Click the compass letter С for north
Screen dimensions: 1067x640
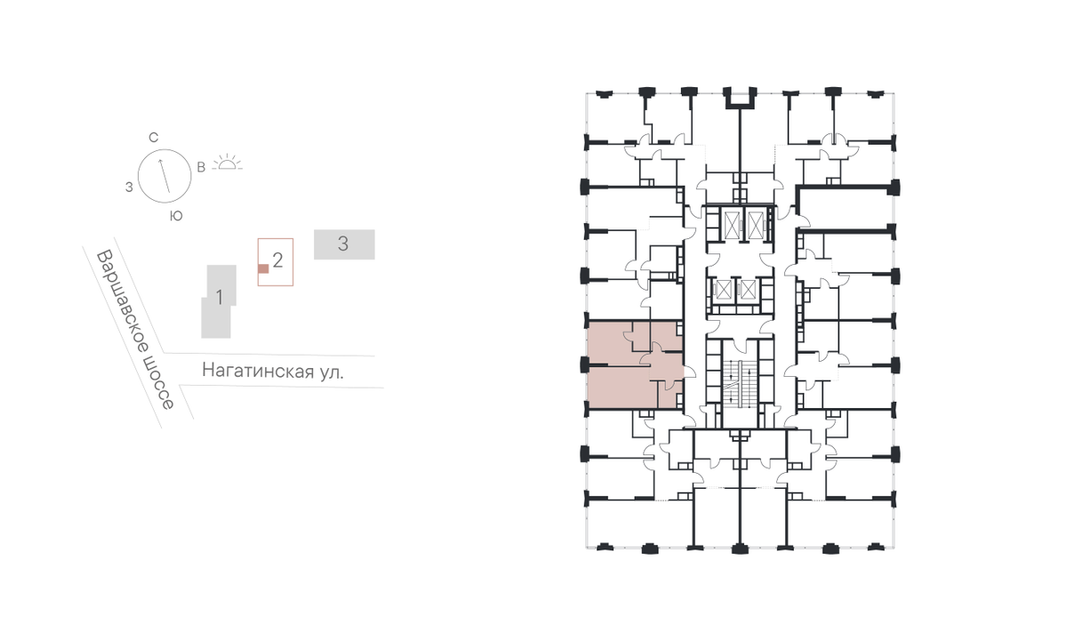coord(153,138)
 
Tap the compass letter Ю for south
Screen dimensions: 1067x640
coord(176,216)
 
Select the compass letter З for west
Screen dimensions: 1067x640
coord(129,188)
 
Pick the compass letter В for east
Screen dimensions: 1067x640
coord(201,167)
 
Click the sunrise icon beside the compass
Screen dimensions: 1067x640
coord(228,163)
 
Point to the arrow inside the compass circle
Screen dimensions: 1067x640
coord(164,176)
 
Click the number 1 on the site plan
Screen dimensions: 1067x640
coord(219,298)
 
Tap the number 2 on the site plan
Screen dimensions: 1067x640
coord(277,260)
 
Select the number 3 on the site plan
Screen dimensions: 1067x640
coord(343,244)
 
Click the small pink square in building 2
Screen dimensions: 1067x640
coord(263,269)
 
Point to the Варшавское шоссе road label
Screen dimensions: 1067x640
coord(136,330)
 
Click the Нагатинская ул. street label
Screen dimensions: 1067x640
coord(272,371)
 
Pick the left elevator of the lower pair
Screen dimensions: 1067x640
coord(724,290)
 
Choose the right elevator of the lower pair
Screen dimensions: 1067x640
coord(749,290)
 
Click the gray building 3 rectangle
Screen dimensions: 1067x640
coord(344,244)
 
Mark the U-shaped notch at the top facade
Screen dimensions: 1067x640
coord(740,99)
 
